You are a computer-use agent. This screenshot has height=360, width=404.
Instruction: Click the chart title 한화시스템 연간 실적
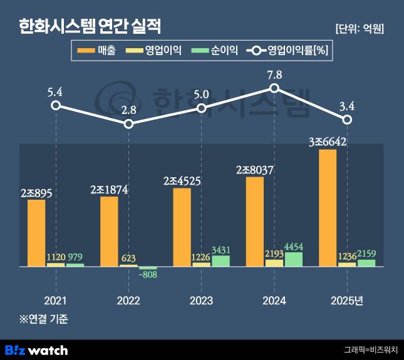click(x=90, y=26)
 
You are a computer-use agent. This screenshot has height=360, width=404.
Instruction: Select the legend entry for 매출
click(x=97, y=51)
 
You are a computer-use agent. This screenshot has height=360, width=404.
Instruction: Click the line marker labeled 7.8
click(x=274, y=88)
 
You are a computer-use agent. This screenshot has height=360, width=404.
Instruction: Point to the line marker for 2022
click(x=128, y=124)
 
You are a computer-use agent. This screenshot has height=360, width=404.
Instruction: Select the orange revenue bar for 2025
click(x=328, y=208)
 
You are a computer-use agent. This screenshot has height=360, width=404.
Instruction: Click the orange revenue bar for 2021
click(x=37, y=233)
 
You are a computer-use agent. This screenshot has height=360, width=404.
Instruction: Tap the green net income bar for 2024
click(x=294, y=259)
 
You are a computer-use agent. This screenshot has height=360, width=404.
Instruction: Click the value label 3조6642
click(x=328, y=141)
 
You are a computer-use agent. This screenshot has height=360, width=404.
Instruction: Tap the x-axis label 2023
click(x=201, y=301)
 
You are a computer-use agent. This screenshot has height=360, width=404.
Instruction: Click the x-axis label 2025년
click(x=346, y=301)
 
